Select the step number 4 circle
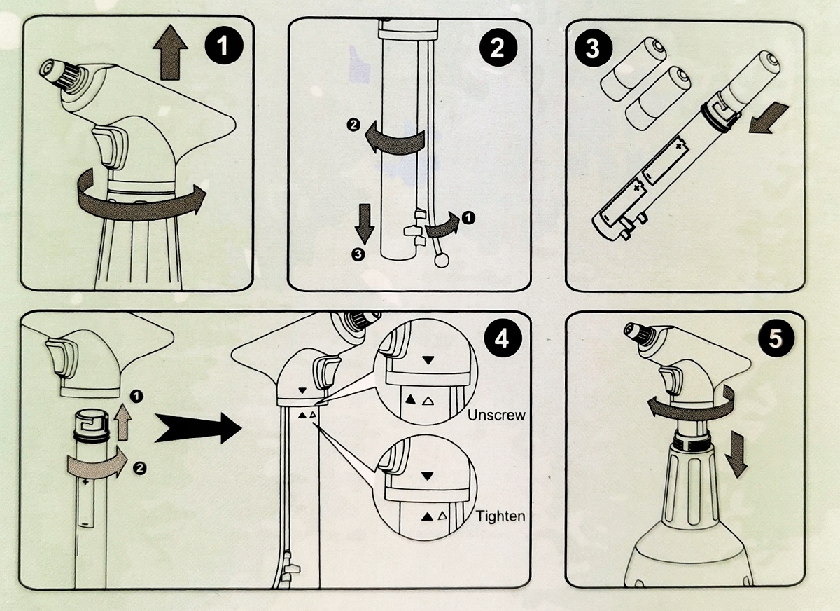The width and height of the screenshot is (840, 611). (x=502, y=339)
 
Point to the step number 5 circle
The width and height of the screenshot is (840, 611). (x=775, y=339)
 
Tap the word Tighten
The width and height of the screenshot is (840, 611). (x=500, y=516)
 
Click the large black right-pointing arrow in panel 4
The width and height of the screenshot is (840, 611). (x=197, y=427)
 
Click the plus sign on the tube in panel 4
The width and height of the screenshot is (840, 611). (x=85, y=483)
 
